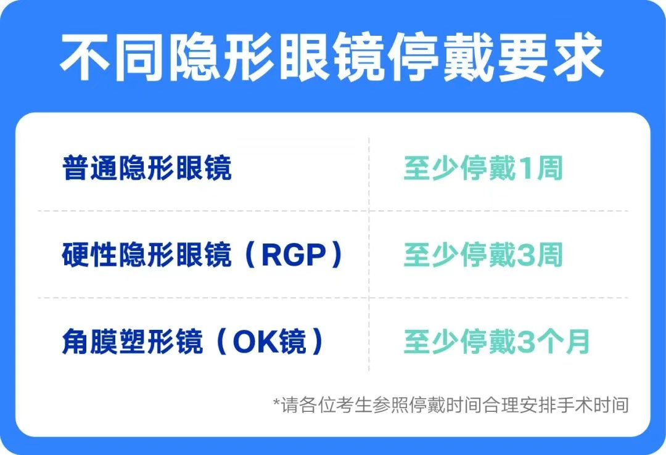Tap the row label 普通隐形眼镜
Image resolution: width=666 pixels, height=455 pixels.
(x=147, y=168)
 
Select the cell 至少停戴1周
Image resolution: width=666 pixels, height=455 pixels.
(x=483, y=168)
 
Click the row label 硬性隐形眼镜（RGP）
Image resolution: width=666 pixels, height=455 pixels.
(x=202, y=256)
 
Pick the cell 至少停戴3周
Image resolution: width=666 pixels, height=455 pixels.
(x=483, y=256)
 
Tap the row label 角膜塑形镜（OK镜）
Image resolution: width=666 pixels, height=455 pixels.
(x=193, y=342)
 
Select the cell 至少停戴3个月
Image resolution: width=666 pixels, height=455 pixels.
(x=497, y=342)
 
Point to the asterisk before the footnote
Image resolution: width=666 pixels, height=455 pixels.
(x=277, y=404)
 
